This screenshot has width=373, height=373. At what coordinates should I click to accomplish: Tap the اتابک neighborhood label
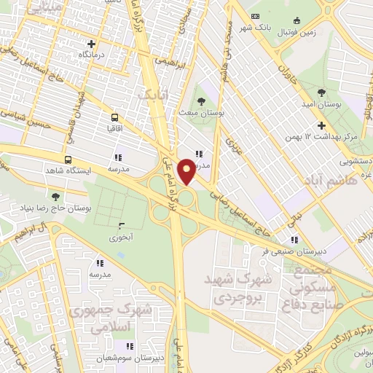[154, 93]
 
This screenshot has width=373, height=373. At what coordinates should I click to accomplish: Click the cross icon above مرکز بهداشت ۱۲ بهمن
[301, 125]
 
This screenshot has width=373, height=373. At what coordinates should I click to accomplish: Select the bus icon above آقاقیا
[114, 117]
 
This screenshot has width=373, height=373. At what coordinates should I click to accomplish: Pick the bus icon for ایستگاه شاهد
[68, 160]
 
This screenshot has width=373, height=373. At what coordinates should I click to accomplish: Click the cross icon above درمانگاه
[90, 44]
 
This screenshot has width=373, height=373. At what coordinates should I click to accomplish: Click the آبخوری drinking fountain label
[120, 237]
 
